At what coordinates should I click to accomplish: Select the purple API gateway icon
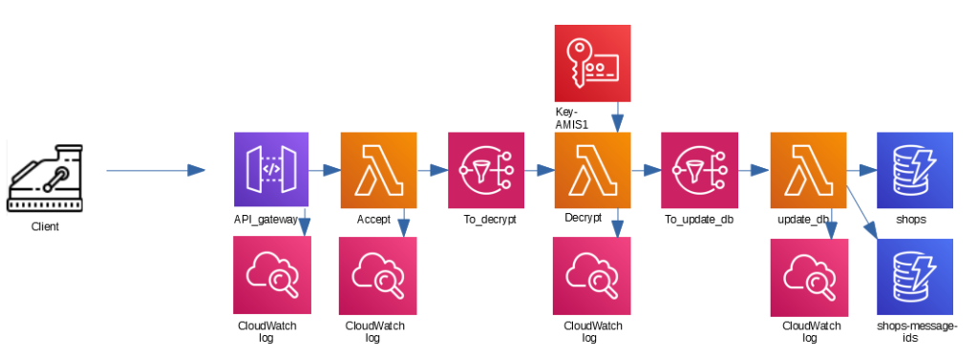tap(271, 170)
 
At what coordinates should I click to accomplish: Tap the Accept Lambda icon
tap(378, 170)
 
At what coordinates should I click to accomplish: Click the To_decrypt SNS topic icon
tap(485, 170)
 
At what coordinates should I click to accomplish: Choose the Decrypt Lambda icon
tap(592, 170)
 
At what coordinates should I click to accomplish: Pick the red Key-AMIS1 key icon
tap(592, 63)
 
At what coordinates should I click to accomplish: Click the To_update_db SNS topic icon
tap(699, 170)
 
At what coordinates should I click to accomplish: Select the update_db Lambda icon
tap(808, 170)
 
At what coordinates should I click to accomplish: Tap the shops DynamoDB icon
tap(915, 170)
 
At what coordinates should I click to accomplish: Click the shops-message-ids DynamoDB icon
tap(915, 276)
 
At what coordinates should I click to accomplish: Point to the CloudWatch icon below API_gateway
tap(271, 275)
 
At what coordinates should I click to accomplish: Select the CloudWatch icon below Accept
tap(378, 275)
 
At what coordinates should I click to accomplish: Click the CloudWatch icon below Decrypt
tap(592, 275)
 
